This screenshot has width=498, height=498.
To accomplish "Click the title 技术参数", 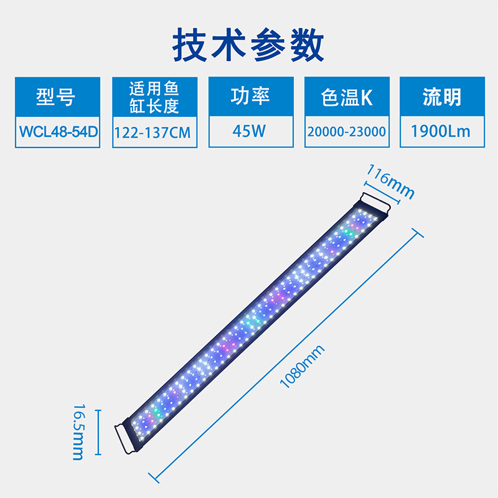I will point(248,44).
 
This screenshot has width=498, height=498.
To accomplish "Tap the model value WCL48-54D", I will point(55,132).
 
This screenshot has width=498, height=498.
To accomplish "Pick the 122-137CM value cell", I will point(154,132).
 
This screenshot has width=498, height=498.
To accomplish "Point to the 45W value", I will point(249,132).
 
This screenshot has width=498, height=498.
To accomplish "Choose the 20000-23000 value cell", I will point(347,132).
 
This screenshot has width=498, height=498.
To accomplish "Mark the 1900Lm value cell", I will point(442,132).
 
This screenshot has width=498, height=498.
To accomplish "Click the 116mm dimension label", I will point(390,181).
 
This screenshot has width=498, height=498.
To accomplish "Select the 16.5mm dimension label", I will point(78,431).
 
